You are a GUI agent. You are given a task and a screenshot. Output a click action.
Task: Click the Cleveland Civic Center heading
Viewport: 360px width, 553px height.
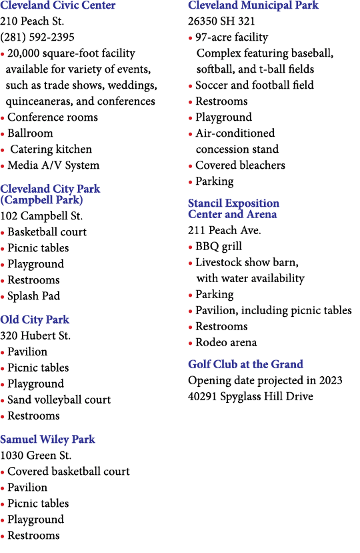[58, 5]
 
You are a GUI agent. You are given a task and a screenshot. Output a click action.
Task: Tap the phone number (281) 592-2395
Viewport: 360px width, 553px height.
[37, 37]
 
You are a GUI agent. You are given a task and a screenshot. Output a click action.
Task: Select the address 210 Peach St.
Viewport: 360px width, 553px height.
[32, 21]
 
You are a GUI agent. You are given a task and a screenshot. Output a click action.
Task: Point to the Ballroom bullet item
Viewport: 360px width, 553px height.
[30, 133]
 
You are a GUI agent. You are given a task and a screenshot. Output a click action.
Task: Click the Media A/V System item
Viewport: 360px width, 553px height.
[53, 165]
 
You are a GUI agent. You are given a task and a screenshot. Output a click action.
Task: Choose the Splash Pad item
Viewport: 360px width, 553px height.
[34, 296]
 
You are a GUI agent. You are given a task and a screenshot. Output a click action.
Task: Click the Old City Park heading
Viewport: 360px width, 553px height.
[35, 320]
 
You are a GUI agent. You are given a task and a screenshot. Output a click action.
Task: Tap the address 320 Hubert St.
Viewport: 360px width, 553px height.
[35, 336]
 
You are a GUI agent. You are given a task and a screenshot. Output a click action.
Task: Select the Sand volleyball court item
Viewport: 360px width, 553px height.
[59, 400]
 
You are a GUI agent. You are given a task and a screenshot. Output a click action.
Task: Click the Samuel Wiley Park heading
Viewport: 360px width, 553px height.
[47, 440]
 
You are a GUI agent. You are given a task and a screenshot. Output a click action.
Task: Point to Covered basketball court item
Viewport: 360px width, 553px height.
[69, 472]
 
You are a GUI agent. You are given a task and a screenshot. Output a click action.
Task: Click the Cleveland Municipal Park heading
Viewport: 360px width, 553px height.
[253, 5]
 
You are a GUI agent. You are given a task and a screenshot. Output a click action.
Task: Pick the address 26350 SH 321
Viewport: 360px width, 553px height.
[221, 21]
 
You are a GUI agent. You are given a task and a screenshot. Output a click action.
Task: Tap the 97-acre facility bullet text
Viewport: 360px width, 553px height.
[232, 37]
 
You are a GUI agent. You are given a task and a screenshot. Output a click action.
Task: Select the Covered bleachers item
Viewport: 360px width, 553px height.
[241, 165]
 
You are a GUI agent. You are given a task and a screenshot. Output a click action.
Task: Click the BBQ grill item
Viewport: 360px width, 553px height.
[219, 246]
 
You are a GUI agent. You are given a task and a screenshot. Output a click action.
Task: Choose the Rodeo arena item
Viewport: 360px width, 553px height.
[227, 342]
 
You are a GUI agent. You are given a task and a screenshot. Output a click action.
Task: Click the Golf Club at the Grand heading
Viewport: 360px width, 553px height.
[246, 364]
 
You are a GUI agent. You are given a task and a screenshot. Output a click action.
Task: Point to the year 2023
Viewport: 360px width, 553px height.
[331, 380]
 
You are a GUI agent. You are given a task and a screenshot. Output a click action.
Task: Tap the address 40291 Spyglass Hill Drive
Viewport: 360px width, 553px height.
[251, 396]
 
